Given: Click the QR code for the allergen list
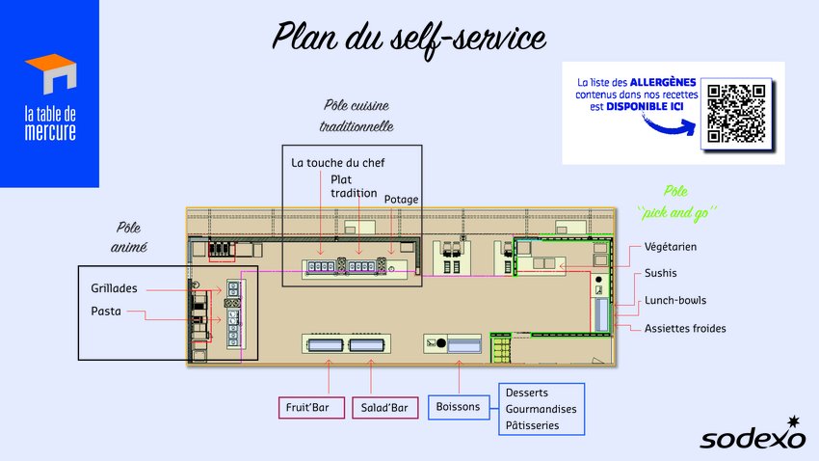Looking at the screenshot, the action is coord(736,114).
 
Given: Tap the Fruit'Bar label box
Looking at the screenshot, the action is coord(312,408).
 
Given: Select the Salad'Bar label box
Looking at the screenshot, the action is coord(385,408).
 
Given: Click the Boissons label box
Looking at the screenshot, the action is coord(459,407).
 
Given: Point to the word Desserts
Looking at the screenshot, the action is coord(526,393).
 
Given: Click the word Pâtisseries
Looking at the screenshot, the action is coord(532,425).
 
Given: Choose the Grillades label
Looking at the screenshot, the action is coord(114,288).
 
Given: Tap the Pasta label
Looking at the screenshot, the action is coord(106,311).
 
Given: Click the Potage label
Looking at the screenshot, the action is coord(401,199).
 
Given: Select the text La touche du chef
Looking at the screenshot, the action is coord(338,163).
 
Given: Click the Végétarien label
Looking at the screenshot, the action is coord(671,247).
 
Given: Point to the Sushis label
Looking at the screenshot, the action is coord(661,273).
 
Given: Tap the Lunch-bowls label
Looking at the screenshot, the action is coord(675,300).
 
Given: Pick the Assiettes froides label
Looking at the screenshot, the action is coord(685,328).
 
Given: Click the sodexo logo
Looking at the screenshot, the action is coord(753,433).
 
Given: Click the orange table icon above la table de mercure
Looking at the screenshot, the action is coord(52,73).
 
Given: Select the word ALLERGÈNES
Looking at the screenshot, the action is coord(663,82).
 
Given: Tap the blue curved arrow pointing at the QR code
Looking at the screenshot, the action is coord(671,124).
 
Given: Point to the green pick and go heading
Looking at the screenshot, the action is coord(676,203).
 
